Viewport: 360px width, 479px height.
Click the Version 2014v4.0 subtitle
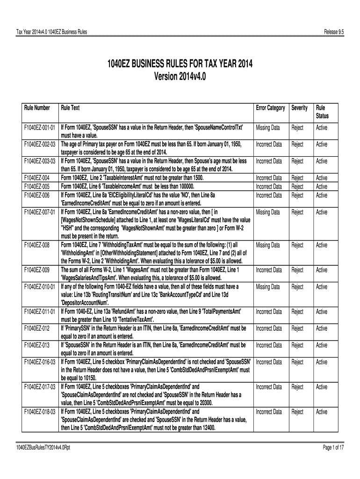click(180, 76)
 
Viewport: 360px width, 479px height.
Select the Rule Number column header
click(37, 108)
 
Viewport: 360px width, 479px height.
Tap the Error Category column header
click(270, 108)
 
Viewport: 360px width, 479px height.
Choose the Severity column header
click(299, 108)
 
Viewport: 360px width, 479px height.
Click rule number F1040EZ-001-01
click(40, 128)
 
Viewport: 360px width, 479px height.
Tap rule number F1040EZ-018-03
click(40, 412)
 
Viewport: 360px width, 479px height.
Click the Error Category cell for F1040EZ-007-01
click(268, 212)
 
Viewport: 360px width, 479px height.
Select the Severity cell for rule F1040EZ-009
click(297, 270)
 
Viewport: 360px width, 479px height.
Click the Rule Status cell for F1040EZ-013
click(322, 345)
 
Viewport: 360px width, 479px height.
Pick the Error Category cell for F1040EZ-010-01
click(268, 287)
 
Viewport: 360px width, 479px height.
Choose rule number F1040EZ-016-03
click(40, 362)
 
